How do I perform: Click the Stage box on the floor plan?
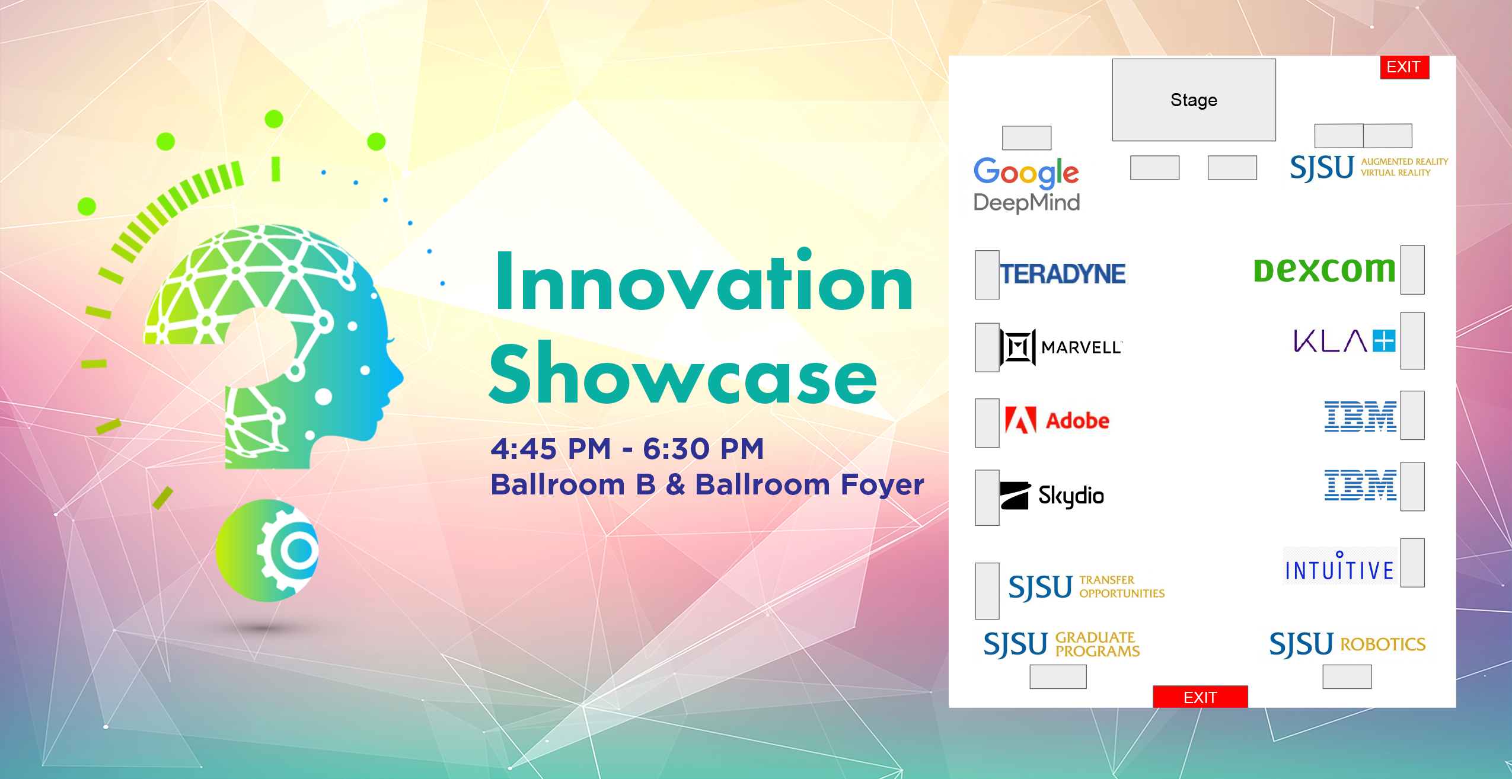pyautogui.click(x=1193, y=100)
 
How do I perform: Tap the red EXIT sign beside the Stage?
pyautogui.click(x=1403, y=67)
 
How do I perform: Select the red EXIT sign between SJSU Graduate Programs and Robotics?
pyautogui.click(x=1200, y=697)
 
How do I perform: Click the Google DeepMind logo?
pyautogui.click(x=1026, y=184)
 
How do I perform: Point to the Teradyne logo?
pyautogui.click(x=1063, y=274)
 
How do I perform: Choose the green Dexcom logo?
pyautogui.click(x=1324, y=270)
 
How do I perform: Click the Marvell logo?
pyautogui.click(x=1061, y=347)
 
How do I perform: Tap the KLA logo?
pyautogui.click(x=1344, y=341)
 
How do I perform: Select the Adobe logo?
pyautogui.click(x=1057, y=420)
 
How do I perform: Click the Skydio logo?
pyautogui.click(x=1052, y=496)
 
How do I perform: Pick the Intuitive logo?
pyautogui.click(x=1339, y=567)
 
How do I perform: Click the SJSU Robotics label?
pyautogui.click(x=1347, y=644)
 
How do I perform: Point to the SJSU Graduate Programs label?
pyautogui.click(x=1061, y=644)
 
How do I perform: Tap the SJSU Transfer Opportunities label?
pyautogui.click(x=1086, y=586)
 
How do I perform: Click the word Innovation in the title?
pyautogui.click(x=704, y=283)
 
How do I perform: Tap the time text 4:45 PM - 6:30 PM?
pyautogui.click(x=627, y=449)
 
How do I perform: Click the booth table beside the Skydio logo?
pyautogui.click(x=987, y=497)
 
